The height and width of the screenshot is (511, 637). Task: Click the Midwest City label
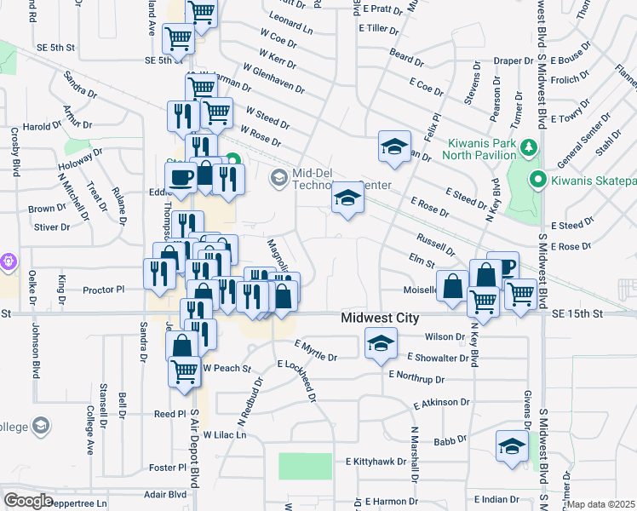point(380,318)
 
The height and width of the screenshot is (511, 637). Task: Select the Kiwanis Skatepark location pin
point(537,180)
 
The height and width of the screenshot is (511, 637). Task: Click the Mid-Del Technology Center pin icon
point(278,178)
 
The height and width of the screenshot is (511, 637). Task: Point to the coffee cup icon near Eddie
point(180,176)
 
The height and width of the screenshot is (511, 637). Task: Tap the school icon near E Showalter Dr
point(381,344)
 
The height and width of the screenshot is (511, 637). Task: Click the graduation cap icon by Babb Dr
point(511,446)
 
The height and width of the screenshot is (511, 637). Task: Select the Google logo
point(28,501)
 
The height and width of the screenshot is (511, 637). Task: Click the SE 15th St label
point(577,314)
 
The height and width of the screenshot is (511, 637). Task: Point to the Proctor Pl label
point(105,290)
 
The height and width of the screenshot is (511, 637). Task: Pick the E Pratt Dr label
point(380,9)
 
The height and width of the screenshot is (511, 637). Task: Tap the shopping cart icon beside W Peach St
point(185,371)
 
